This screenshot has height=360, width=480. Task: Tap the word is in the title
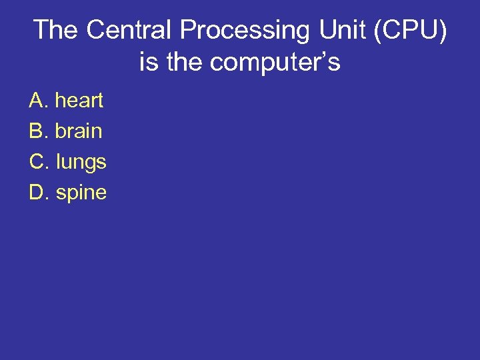click(x=149, y=63)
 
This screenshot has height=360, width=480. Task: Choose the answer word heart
click(x=79, y=101)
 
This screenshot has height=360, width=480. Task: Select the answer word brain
click(x=79, y=131)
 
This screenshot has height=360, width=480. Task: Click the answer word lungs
click(x=81, y=162)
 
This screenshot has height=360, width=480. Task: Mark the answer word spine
click(x=81, y=193)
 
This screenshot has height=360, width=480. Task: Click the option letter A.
click(x=37, y=101)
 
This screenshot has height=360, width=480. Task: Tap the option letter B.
click(x=37, y=131)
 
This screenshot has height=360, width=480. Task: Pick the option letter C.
click(x=37, y=162)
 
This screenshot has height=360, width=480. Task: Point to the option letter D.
click(x=37, y=193)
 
